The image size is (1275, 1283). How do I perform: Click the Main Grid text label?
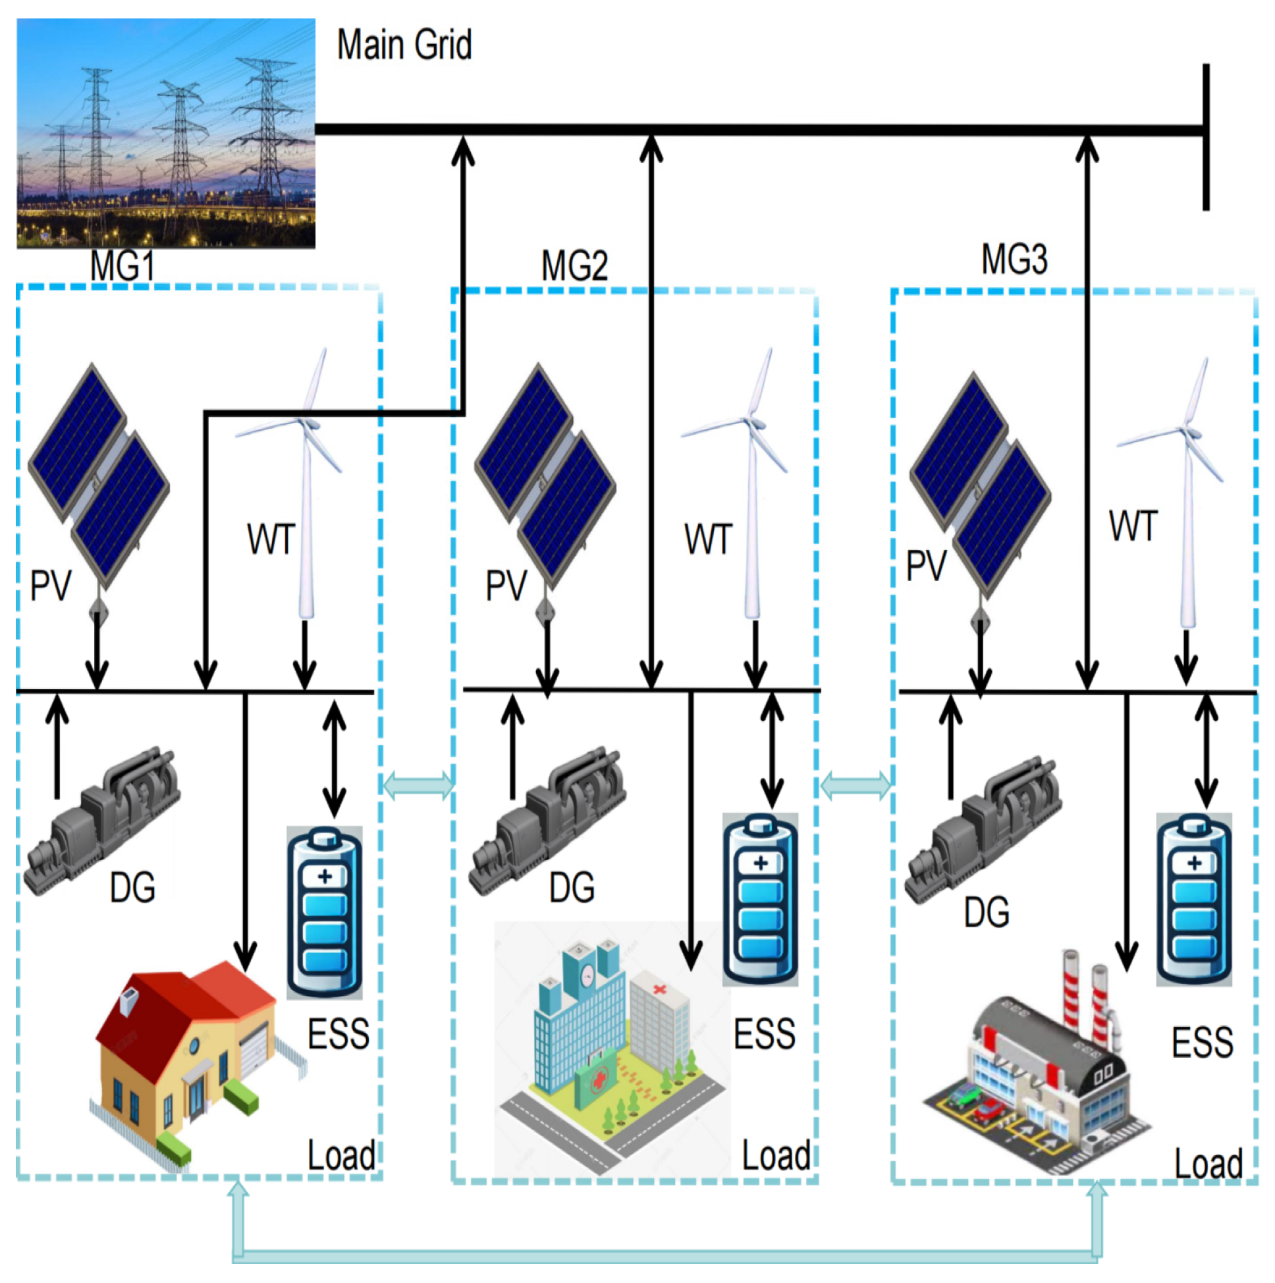[404, 45]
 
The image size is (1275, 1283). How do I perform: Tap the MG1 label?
[122, 266]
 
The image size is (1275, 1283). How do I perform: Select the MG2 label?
[574, 266]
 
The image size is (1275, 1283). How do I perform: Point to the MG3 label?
[1014, 259]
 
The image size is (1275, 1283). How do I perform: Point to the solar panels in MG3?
[979, 485]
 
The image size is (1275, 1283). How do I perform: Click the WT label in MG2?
[708, 539]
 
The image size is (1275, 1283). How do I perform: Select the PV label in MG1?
[51, 586]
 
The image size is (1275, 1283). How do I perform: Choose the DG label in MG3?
[986, 912]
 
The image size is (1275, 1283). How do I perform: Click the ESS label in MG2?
[764, 1034]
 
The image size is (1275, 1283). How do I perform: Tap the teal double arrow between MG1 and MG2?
[418, 785]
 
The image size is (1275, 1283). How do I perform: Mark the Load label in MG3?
[1207, 1164]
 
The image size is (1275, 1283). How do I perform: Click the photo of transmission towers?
[165, 133]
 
